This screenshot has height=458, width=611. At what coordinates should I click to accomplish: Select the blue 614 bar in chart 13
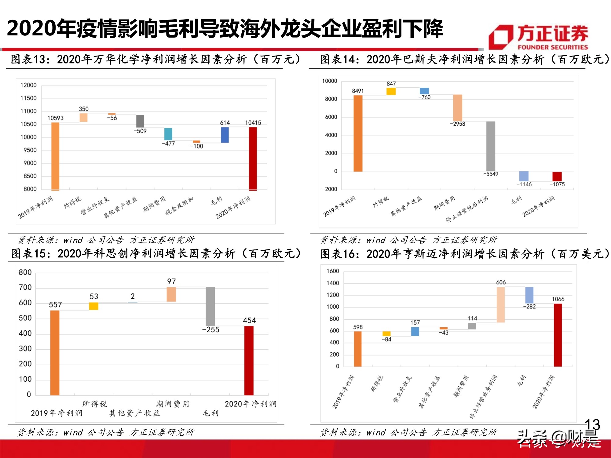point(225,135)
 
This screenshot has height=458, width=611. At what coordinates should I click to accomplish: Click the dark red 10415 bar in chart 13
point(253,158)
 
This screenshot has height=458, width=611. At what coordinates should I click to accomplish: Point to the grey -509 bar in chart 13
point(140,121)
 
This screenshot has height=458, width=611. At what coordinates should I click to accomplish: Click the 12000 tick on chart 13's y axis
point(28,85)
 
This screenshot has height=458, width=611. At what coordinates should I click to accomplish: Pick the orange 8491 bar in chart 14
point(358,133)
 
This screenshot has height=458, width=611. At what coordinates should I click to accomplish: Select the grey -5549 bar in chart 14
point(491,146)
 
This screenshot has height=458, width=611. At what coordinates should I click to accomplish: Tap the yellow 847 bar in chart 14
point(391,91)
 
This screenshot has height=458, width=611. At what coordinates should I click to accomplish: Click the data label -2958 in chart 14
point(457,124)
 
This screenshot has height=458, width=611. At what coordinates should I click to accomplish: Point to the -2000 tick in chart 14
point(329,189)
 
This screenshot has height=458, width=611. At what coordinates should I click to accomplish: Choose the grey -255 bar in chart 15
point(210,306)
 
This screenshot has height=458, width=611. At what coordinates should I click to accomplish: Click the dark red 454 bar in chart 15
point(249,360)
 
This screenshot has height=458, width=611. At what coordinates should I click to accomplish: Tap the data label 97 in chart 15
point(171,281)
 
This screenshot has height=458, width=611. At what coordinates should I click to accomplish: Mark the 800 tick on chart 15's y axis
point(25,272)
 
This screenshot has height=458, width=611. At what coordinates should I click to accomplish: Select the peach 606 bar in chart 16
point(500,304)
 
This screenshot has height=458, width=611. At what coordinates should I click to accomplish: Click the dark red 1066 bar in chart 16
point(558,335)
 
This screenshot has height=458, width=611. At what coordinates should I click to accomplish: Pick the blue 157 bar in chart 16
point(415,332)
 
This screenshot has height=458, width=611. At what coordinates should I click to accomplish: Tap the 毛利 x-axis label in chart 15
point(210,413)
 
